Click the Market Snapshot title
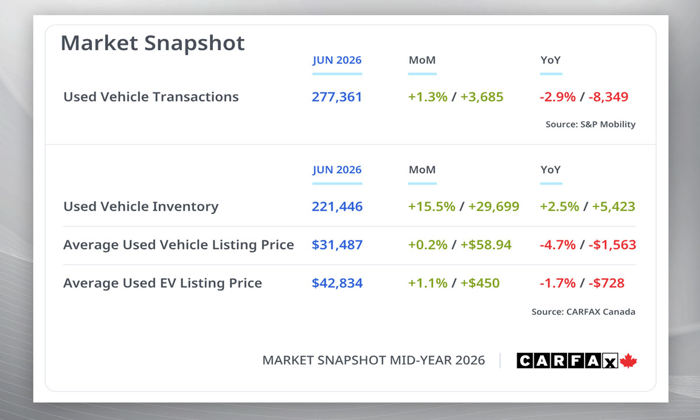click(x=152, y=43)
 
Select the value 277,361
click(x=337, y=97)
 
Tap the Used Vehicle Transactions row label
click(x=151, y=97)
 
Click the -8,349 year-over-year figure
click(x=608, y=97)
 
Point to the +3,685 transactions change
click(x=482, y=97)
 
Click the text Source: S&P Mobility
click(x=590, y=124)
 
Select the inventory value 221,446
click(x=337, y=206)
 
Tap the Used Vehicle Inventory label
click(x=141, y=206)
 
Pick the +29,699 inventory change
click(x=494, y=206)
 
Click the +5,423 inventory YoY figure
click(x=614, y=206)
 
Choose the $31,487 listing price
click(x=337, y=244)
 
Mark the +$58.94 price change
click(x=486, y=244)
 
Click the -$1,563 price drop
click(x=612, y=244)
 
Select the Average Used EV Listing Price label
click(x=163, y=283)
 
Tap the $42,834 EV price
click(x=337, y=283)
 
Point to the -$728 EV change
click(x=606, y=283)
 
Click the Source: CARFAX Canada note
click(x=583, y=312)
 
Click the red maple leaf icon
click(x=628, y=360)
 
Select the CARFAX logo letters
click(x=567, y=360)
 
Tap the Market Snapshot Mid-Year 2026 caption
click(x=373, y=360)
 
